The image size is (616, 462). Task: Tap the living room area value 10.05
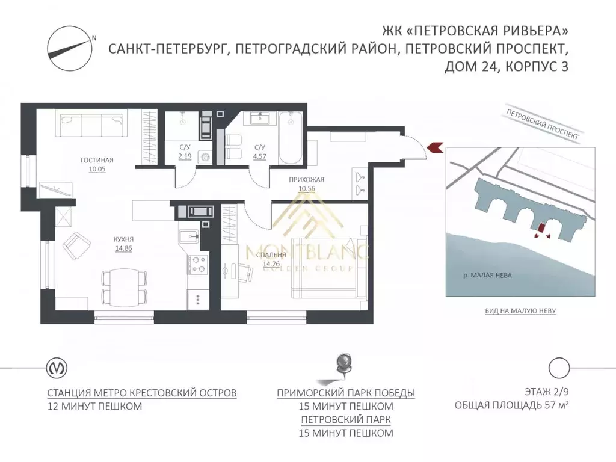(x=97, y=170)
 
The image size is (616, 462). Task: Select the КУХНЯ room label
(x=123, y=239)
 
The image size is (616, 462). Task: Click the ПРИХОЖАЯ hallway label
(x=306, y=179)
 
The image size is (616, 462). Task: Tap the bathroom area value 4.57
(x=260, y=155)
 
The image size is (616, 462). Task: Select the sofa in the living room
(x=90, y=125)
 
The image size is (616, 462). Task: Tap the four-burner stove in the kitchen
(x=198, y=263)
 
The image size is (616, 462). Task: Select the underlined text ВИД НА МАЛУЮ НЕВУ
(x=520, y=311)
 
